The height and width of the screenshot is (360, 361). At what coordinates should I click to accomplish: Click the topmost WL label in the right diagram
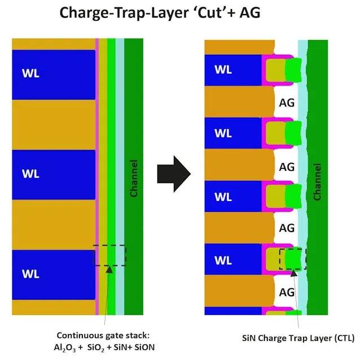point(223,70)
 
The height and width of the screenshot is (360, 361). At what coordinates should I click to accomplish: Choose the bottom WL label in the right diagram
point(223,261)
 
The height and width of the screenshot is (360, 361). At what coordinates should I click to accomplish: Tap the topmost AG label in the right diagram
point(287,103)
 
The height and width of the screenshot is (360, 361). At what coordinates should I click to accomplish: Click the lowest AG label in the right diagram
point(287,292)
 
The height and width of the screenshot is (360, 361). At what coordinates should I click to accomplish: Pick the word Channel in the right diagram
point(317,181)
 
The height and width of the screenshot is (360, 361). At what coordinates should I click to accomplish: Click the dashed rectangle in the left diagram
point(110,255)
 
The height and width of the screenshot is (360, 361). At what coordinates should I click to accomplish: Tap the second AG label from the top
point(287,167)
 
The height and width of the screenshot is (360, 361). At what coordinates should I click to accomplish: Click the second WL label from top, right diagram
point(223,134)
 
